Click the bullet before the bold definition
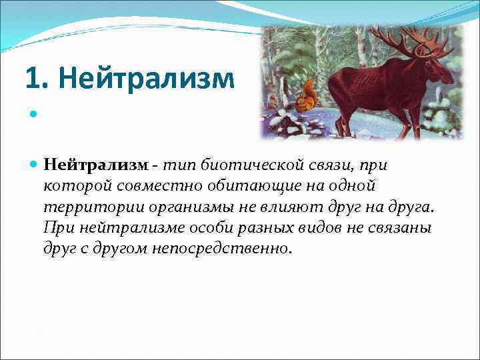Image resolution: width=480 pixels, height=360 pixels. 33,165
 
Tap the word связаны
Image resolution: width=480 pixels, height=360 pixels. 400,227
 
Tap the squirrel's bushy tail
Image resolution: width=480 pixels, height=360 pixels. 309,90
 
